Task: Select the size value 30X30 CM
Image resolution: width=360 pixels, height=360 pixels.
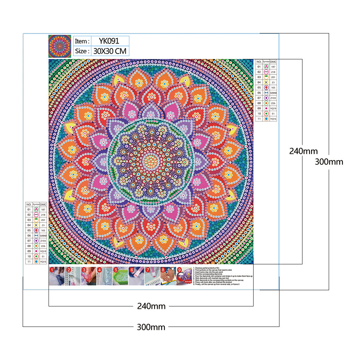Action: click(x=110, y=51)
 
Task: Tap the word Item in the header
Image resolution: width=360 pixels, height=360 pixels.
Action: click(x=81, y=41)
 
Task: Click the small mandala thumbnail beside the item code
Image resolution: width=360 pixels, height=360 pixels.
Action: click(x=60, y=46)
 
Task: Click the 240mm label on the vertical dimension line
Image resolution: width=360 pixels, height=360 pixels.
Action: click(x=303, y=151)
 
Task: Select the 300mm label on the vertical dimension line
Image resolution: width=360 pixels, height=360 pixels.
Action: click(x=329, y=162)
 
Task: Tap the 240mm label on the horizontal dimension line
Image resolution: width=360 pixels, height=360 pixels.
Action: click(x=151, y=306)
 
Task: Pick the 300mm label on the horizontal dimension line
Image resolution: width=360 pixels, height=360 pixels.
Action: click(x=151, y=327)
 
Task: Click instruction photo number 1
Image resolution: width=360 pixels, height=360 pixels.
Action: click(x=56, y=276)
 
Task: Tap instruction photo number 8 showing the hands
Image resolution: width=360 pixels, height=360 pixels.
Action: click(x=168, y=276)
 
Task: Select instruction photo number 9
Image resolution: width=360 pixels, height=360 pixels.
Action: click(x=184, y=276)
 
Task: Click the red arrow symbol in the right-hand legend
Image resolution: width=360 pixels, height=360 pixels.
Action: click(x=266, y=87)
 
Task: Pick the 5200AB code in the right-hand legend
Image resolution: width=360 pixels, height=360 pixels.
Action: click(x=273, y=92)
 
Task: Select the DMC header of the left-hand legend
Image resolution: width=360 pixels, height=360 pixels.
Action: click(x=43, y=204)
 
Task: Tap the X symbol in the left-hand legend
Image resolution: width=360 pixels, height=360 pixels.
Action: click(x=36, y=225)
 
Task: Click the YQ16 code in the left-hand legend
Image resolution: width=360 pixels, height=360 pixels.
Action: click(x=43, y=261)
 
